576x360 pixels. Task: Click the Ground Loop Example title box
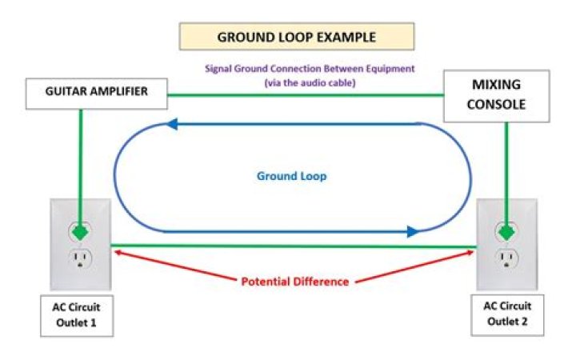pos(297,37)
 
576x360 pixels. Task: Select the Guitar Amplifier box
pos(96,92)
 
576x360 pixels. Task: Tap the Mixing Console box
pos(496,94)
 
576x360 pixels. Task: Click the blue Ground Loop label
pos(291,175)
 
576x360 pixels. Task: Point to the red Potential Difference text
pos(295,282)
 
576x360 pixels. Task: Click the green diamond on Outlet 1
pos(80,232)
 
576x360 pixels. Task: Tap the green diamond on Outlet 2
pos(506,232)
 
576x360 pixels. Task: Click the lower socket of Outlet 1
pos(80,258)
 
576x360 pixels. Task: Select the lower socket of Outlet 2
pos(506,258)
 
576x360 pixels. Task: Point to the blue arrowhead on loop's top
pos(170,124)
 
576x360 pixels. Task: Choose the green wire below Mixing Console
pos(506,168)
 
